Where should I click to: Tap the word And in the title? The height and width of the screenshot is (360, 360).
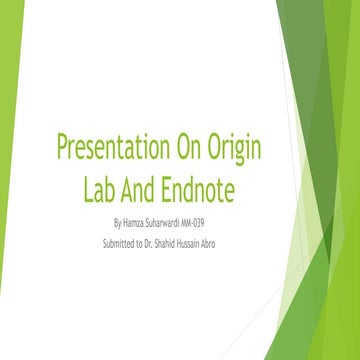tap(147, 187)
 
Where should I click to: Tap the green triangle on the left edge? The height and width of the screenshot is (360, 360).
tap(9, 80)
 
